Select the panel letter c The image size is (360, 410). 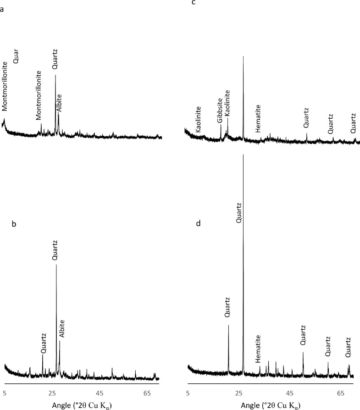tap(194, 4)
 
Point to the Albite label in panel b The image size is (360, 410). tap(62, 329)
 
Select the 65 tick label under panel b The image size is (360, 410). tap(147, 393)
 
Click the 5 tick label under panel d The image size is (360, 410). tap(188, 393)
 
